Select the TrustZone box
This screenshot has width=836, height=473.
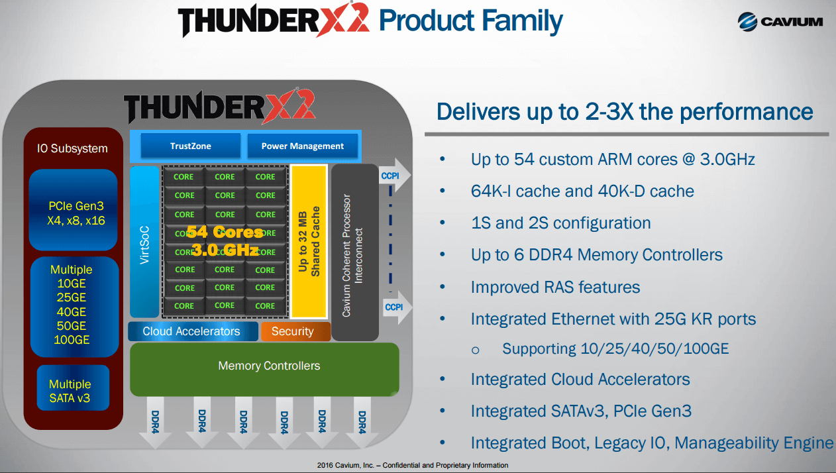(190, 146)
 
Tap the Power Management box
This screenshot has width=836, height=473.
(302, 146)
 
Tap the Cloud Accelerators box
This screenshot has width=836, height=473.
(192, 331)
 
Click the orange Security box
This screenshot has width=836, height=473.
(292, 331)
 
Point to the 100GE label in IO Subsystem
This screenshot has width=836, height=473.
(72, 341)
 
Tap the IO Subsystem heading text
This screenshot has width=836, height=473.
(72, 148)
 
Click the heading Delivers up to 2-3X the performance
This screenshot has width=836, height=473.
(624, 111)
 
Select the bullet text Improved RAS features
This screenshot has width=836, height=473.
(555, 287)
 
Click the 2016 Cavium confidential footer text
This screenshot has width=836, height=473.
(413, 465)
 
